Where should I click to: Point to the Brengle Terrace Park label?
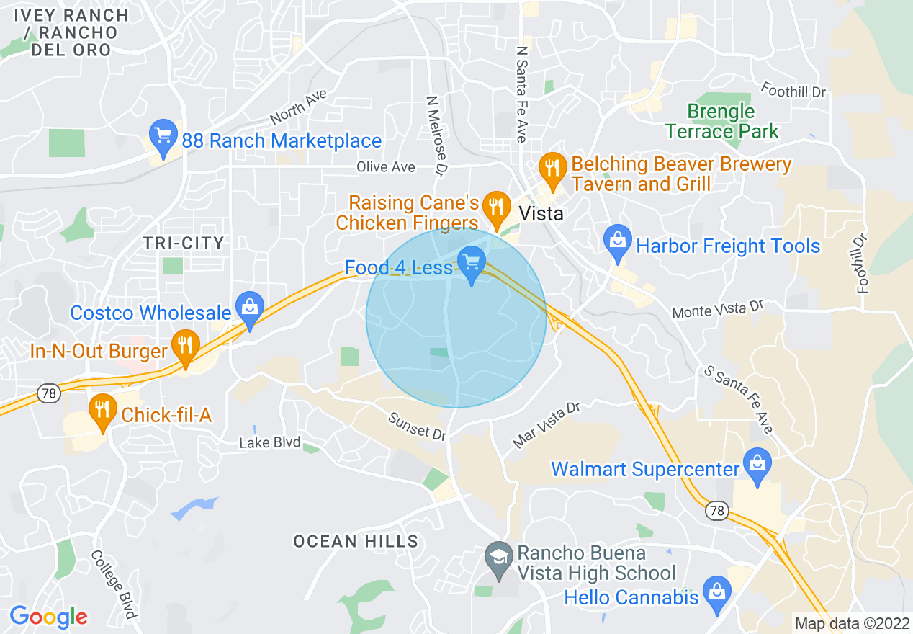[x=721, y=122]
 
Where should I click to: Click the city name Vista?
[x=541, y=214]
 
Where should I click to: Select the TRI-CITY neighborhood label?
[x=184, y=243]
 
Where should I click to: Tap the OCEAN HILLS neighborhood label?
[x=356, y=541]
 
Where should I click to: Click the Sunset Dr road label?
[x=418, y=426]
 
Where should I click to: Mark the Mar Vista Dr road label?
[x=547, y=425]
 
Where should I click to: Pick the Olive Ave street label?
[x=386, y=167]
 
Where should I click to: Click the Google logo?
[x=48, y=617]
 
